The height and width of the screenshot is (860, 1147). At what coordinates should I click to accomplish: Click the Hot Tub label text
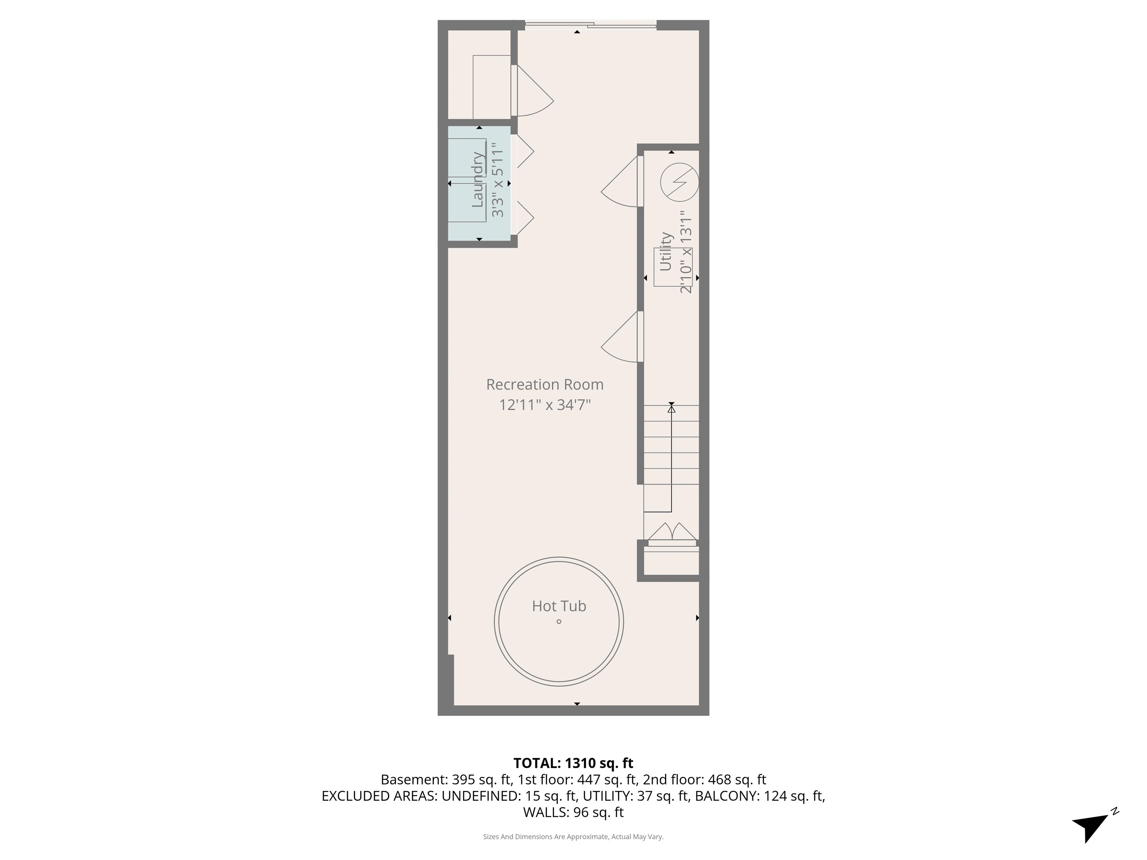559,606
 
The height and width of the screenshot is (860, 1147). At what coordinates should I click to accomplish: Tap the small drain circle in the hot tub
559,621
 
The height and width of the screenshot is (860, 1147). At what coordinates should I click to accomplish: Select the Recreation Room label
544,384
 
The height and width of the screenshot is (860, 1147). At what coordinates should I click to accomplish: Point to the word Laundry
478,180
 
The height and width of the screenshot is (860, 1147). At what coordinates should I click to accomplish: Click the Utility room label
665,252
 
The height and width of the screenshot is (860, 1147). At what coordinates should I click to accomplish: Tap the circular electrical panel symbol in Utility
679,183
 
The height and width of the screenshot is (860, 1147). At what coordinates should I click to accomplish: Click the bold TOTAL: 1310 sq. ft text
573,763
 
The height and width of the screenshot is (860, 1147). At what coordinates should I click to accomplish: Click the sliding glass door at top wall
591,24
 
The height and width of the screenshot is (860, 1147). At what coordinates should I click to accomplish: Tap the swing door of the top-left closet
532,92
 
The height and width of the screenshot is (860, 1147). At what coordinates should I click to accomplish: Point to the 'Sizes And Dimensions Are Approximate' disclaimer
573,837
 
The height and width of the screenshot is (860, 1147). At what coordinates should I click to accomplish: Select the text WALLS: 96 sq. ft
573,812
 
